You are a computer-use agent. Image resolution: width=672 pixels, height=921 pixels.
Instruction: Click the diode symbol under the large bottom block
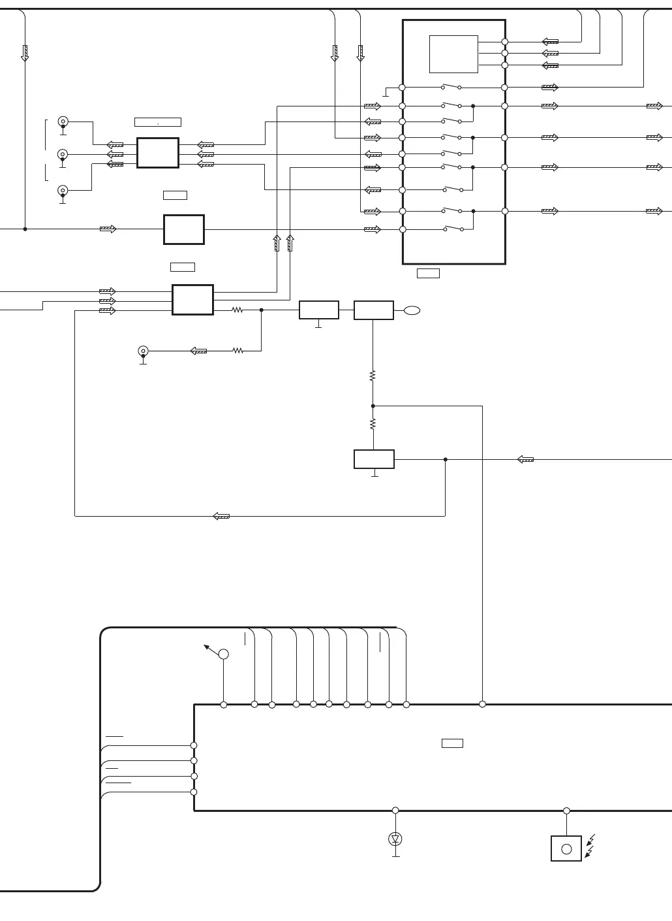click(x=395, y=838)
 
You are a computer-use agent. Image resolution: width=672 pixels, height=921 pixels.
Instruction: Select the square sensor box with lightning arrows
click(x=566, y=848)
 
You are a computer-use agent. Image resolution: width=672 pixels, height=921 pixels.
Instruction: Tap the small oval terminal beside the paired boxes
click(x=412, y=310)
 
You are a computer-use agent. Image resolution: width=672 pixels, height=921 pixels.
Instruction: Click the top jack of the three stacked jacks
click(x=63, y=121)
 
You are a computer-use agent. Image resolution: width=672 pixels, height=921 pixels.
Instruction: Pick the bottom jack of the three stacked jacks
click(x=63, y=190)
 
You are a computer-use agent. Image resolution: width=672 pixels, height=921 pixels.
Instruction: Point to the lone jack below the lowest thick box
click(x=143, y=351)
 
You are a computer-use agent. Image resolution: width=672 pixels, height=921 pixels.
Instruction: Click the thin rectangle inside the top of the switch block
click(x=453, y=54)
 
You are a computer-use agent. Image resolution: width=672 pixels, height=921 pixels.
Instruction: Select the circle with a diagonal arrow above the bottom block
click(x=223, y=654)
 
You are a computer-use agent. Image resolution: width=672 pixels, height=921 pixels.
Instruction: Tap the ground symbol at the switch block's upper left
click(x=386, y=93)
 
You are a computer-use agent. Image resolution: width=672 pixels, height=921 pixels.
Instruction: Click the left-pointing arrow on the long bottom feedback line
click(x=222, y=516)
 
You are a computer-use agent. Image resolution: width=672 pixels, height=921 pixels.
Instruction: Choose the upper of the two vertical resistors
click(x=373, y=376)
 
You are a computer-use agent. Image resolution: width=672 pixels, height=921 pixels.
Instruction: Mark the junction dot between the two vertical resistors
click(x=373, y=406)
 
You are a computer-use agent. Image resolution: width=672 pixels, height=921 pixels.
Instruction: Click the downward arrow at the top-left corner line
click(x=25, y=53)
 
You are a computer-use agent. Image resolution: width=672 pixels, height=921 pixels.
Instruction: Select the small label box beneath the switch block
click(x=428, y=273)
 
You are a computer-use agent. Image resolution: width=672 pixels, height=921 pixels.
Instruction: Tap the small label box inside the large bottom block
click(x=452, y=743)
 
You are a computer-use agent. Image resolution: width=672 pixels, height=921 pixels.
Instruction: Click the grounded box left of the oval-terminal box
click(x=318, y=310)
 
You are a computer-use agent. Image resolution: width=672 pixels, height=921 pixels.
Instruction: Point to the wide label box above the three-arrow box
click(x=157, y=122)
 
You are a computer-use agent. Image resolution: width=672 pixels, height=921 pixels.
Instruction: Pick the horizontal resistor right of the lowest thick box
click(x=237, y=310)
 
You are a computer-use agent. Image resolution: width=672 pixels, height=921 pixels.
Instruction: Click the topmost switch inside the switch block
click(x=451, y=87)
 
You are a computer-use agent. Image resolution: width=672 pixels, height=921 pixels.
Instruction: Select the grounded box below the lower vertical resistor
click(x=374, y=459)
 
